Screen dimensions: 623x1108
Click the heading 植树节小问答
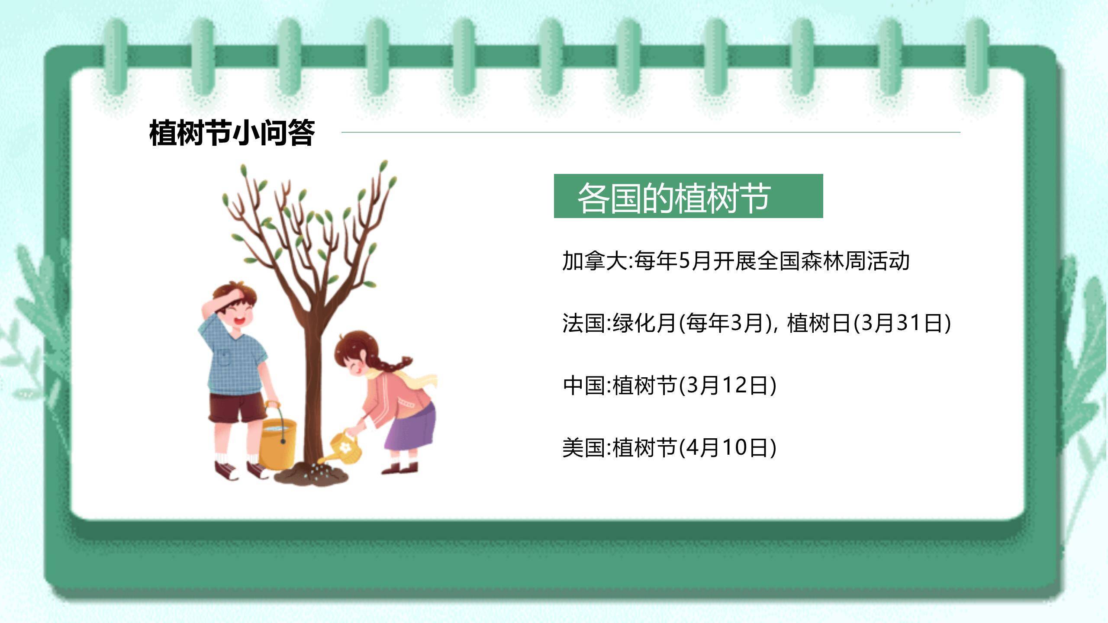[x=232, y=133]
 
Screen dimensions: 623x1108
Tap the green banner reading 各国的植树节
[x=688, y=196]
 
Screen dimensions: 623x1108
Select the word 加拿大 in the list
[x=595, y=261]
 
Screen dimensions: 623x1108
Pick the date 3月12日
[x=727, y=385]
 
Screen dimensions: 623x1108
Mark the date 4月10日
[x=727, y=447]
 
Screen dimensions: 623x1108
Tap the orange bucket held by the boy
[x=278, y=443]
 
